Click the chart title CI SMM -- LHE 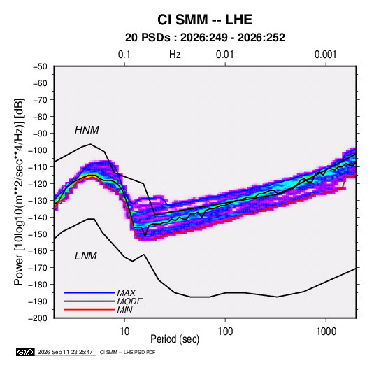click(205, 20)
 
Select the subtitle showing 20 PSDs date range click(205, 38)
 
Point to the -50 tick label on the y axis click(40, 66)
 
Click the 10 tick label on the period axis click(124, 332)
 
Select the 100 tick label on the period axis click(225, 332)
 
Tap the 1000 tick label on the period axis click(326, 332)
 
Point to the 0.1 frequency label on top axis click(124, 55)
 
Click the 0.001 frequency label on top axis click(325, 55)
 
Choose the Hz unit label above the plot click(175, 55)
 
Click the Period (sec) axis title click(175, 339)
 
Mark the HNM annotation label click(87, 130)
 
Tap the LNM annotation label click(86, 256)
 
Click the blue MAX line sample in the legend click(89, 292)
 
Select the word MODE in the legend click(129, 301)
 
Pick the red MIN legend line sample click(89, 310)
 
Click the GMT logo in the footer click(25, 352)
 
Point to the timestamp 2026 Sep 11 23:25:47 click(65, 352)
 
